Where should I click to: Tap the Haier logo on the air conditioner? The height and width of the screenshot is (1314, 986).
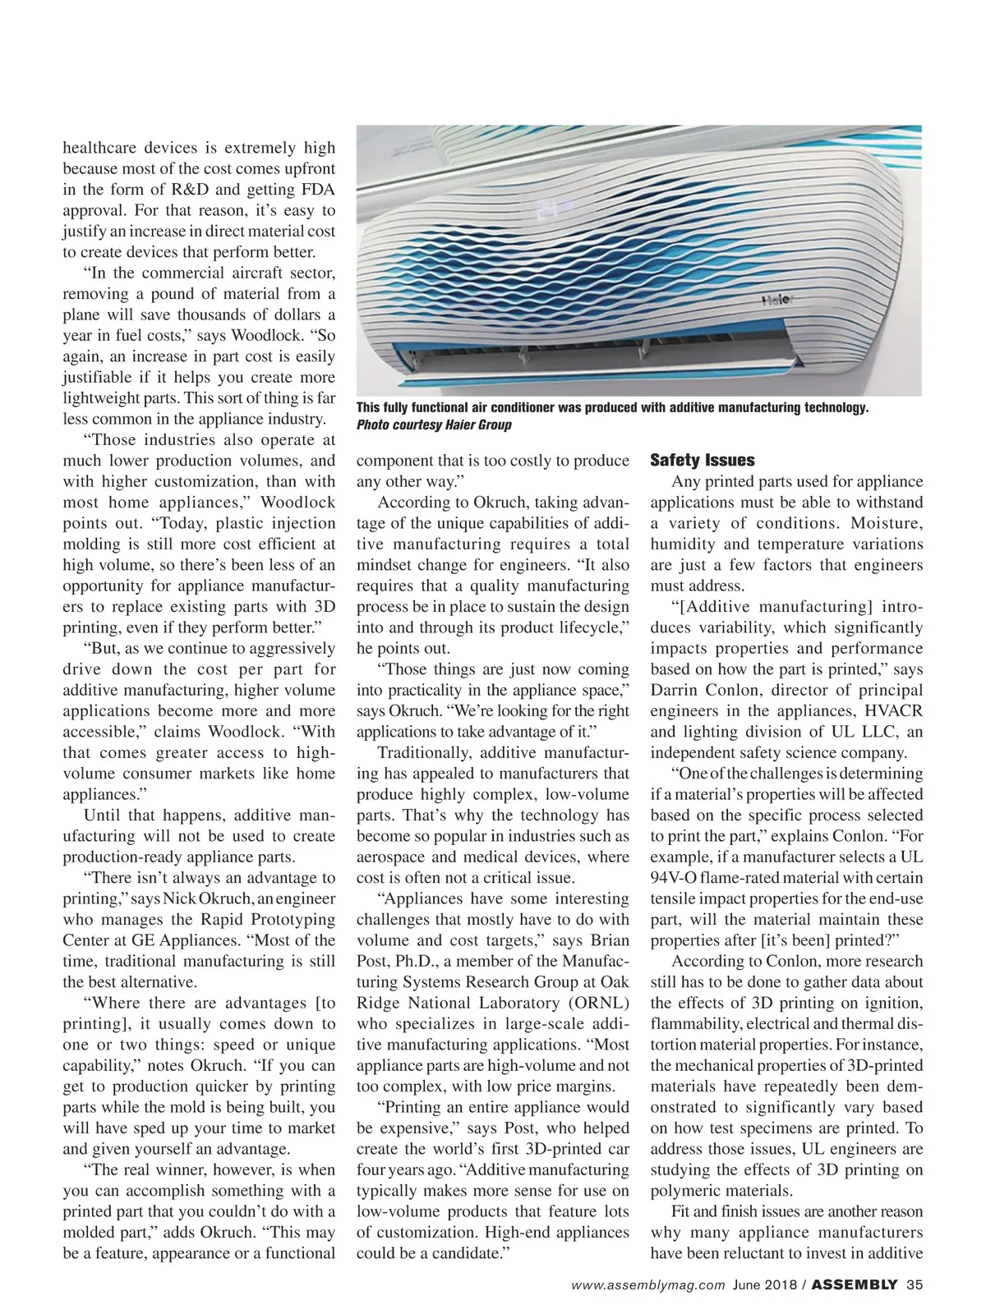pos(776,300)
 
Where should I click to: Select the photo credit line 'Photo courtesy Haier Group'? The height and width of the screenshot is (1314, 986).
pos(434,425)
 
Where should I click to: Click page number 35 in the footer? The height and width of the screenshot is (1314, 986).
pos(915,1285)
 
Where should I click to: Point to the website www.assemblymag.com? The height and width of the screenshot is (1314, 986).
pos(648,1285)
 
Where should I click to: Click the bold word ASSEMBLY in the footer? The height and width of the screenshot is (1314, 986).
pos(855,1285)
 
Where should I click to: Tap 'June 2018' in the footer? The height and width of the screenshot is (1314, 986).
pos(765,1285)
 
